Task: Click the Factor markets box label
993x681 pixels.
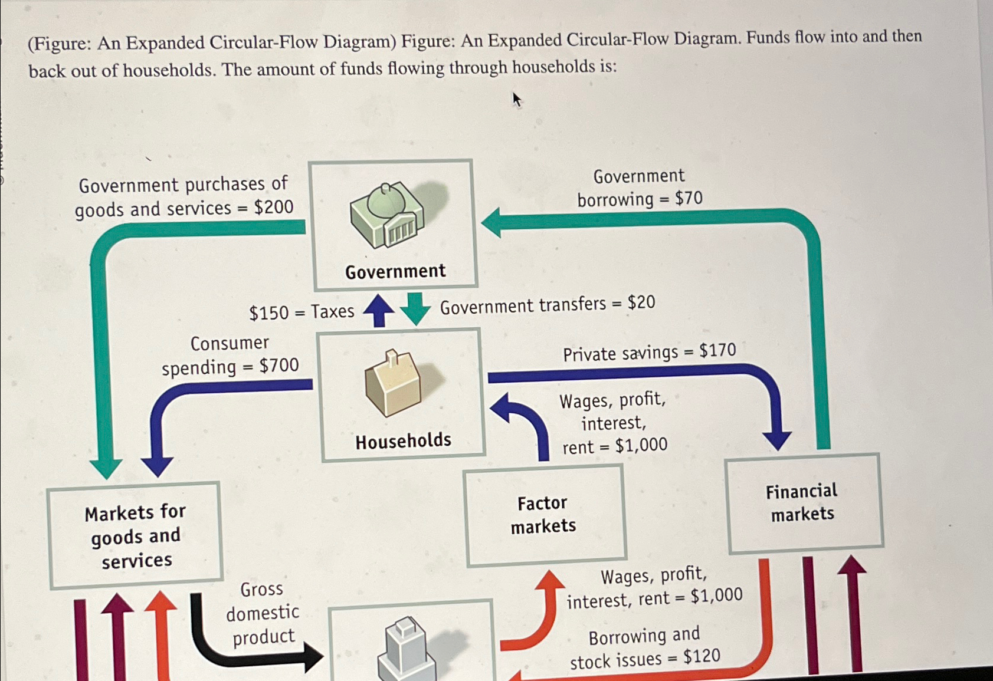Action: coord(543,514)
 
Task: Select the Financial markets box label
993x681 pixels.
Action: coord(802,502)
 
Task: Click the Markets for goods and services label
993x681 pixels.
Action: coord(136,537)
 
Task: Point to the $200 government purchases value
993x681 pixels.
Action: coord(274,207)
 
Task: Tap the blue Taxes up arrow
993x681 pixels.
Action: coord(379,310)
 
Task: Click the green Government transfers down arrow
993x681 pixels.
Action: coord(415,308)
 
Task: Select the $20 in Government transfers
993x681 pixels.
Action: coord(641,302)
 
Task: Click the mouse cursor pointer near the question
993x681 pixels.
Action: coord(516,100)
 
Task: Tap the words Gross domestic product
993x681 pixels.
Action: coord(263,613)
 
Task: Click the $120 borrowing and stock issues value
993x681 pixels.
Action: coord(702,656)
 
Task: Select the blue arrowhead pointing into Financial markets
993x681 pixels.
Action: coord(776,439)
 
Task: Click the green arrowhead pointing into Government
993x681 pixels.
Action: coord(492,223)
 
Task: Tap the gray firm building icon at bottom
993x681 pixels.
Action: coord(407,649)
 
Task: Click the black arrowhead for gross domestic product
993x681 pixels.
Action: coord(313,656)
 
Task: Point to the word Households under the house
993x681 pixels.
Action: coord(403,440)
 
